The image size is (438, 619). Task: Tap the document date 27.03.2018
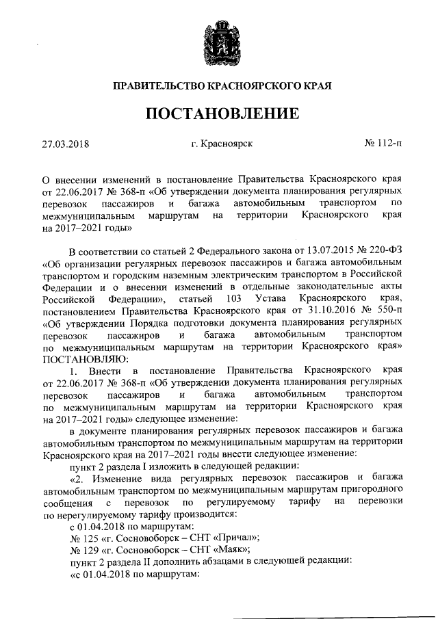[66, 144]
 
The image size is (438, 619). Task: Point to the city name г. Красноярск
[222, 144]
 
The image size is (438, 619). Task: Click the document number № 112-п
[384, 144]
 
